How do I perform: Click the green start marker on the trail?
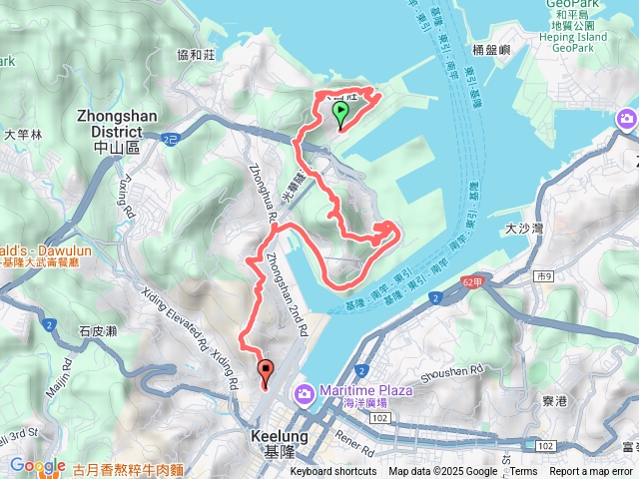[x=339, y=113]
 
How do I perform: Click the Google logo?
[x=37, y=466]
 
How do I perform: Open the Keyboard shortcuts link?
[x=333, y=472]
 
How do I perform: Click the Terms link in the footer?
[x=523, y=472]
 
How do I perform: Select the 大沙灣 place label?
[x=524, y=229]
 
